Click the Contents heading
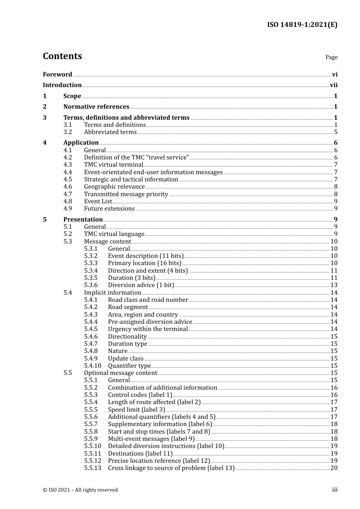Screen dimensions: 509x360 62,56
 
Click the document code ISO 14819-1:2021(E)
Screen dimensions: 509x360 302,25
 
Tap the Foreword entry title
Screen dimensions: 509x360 57,74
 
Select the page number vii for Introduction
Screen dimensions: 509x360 333,85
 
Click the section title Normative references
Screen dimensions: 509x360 96,107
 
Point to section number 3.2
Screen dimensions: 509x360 68,132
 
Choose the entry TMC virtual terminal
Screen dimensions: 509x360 113,165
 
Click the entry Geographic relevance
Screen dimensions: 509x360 114,187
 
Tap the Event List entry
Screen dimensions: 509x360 98,201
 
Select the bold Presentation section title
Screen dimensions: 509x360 83,220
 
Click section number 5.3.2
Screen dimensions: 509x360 91,256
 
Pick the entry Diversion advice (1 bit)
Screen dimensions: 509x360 141,285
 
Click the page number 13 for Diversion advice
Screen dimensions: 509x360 334,285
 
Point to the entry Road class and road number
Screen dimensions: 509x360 148,300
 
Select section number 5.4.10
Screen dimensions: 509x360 92,366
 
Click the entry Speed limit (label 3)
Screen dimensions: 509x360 136,410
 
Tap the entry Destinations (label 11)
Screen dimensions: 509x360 140,454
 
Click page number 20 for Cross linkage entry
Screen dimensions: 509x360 334,468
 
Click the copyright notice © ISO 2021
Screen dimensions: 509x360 80,490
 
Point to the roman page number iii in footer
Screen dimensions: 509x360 335,490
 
